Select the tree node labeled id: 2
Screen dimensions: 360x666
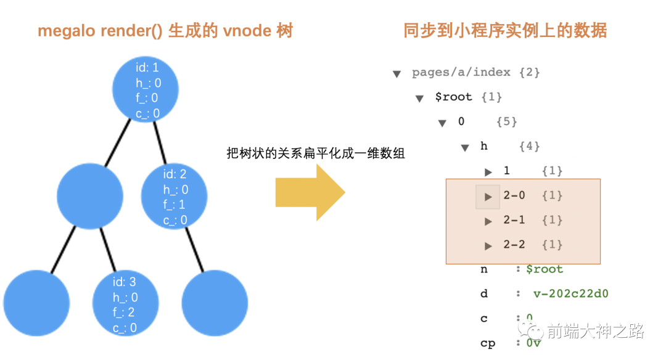click(174, 197)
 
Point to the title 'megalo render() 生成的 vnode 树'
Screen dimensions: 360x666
click(165, 31)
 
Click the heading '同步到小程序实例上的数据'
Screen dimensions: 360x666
click(505, 31)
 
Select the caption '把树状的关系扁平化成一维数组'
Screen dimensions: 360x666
click(316, 153)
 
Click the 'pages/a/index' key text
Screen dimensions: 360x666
click(461, 72)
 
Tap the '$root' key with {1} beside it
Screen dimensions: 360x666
click(453, 97)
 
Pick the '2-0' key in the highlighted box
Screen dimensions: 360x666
click(514, 195)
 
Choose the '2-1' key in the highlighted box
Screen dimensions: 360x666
click(514, 220)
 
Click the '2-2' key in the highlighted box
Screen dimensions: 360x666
click(514, 245)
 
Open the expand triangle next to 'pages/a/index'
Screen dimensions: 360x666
click(397, 74)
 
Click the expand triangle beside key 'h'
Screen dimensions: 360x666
click(465, 148)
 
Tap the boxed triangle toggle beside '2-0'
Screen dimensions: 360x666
click(488, 197)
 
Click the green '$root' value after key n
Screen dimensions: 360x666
click(545, 269)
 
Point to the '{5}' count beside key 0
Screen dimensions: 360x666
click(506, 121)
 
